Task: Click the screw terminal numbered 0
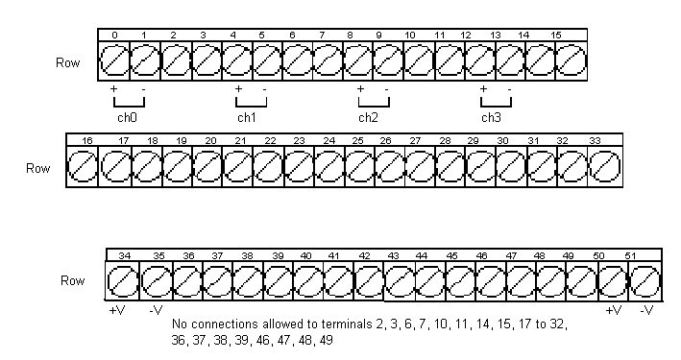114,61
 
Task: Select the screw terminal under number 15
571,61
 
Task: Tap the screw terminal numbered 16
83,167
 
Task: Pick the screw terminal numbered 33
605,167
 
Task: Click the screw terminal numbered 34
123,281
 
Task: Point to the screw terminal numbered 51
645,281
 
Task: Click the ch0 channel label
127,117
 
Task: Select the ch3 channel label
491,117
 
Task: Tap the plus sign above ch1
238,89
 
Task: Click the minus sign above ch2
386,90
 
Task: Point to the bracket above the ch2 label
374,106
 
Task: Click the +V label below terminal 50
614,310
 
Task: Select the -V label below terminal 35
156,310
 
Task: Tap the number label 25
358,141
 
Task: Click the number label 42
364,255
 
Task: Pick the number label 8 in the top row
350,36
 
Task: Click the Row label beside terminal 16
37,168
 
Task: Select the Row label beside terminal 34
73,280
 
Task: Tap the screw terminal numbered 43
400,281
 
